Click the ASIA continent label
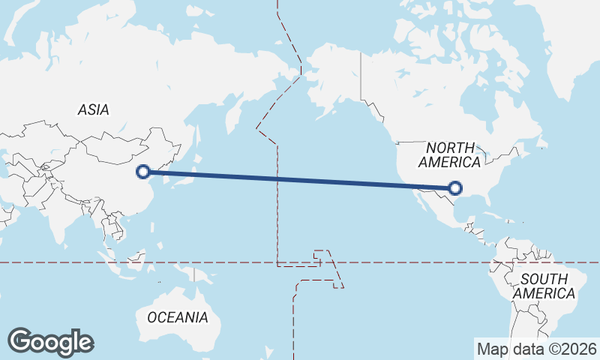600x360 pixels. [93, 110]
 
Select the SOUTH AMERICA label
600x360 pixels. [544, 286]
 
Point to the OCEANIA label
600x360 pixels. [178, 317]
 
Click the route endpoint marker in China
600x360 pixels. [143, 172]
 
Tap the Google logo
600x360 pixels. [50, 342]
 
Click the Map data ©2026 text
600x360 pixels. [537, 349]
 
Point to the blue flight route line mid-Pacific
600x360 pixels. [300, 180]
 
